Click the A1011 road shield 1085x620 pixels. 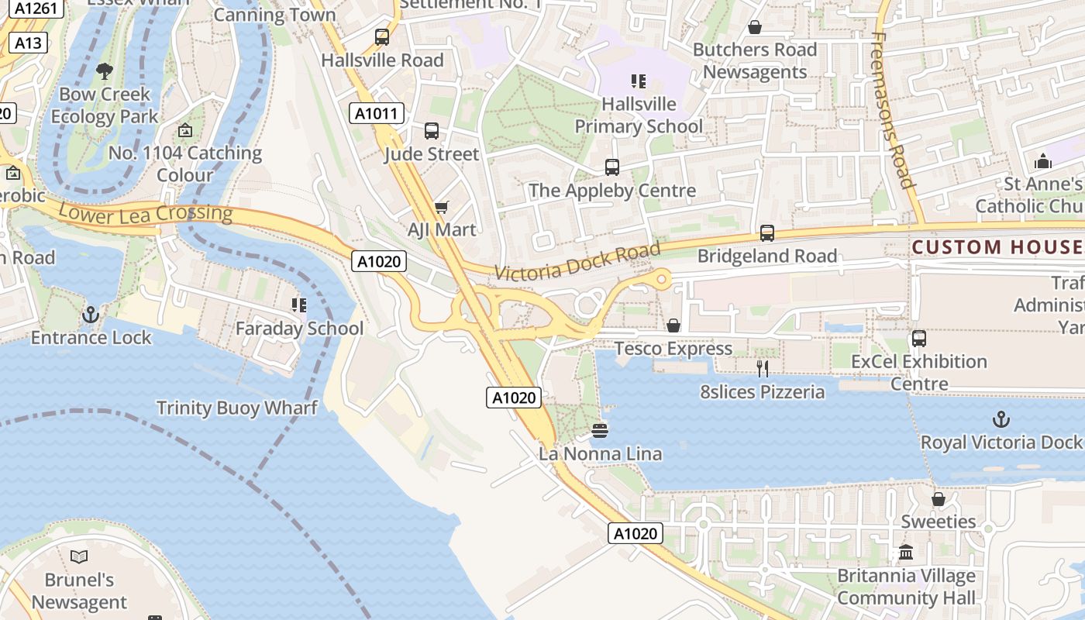point(376,114)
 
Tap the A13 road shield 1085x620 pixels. point(28,43)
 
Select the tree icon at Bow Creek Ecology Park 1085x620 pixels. point(104,71)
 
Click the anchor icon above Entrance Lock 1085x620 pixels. point(91,315)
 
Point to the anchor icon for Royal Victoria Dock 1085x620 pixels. point(1001,420)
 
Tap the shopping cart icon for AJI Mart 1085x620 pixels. point(441,207)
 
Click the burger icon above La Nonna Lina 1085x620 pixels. point(600,430)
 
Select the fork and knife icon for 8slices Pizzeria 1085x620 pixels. point(763,369)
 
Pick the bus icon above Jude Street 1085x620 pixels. point(432,131)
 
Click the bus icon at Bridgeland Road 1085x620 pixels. point(767,233)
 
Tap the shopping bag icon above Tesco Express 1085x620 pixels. point(673,326)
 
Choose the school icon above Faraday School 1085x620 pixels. point(298,305)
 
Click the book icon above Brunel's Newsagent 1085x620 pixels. point(79,556)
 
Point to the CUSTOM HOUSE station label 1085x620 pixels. point(998,247)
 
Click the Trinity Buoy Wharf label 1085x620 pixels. point(237,408)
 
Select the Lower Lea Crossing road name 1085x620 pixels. point(145,213)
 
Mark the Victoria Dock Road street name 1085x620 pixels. point(577,262)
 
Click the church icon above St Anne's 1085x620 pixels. point(1042,161)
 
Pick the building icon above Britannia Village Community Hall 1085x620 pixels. point(906,553)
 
